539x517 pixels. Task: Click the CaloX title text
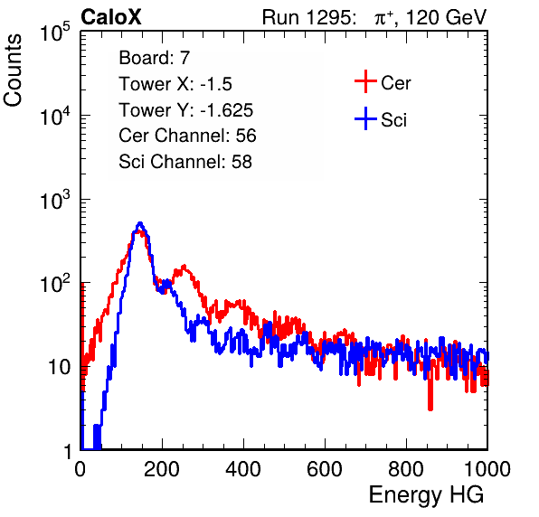coord(110,17)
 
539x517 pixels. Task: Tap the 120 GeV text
coord(446,17)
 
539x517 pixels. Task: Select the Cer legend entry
coord(383,82)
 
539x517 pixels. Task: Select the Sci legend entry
coord(381,119)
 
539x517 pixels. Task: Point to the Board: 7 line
coord(155,58)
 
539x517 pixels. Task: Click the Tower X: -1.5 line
coord(175,84)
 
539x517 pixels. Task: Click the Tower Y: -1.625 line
coord(186,110)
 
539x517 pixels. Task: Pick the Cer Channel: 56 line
coord(187,136)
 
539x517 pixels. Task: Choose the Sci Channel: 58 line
coord(185,162)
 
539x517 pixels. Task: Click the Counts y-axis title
coord(13,70)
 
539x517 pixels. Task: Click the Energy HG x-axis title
coord(426,495)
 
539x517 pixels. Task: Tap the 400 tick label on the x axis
coord(243,469)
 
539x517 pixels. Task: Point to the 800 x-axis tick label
coord(406,469)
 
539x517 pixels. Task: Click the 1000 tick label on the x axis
coord(487,469)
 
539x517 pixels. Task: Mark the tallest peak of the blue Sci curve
coord(140,223)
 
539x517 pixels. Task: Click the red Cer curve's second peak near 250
coord(184,267)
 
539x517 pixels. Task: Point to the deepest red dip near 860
coord(430,409)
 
